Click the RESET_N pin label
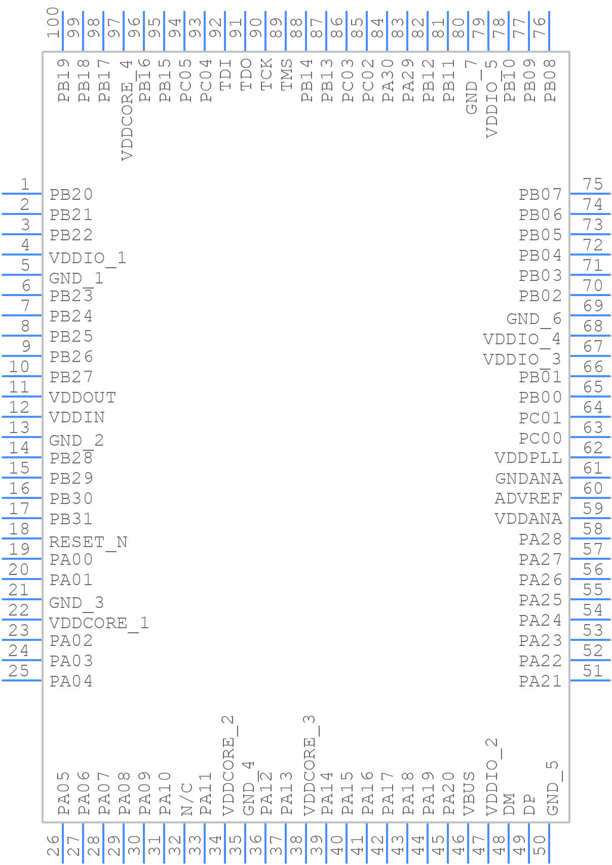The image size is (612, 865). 88,542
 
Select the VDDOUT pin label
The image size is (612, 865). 82,397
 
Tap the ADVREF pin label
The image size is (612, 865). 528,498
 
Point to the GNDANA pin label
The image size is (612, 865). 528,478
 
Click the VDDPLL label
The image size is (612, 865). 528,458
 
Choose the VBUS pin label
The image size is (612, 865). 469,794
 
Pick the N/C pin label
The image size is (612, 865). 186,799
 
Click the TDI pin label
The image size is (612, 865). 225,74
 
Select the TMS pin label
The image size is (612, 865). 286,74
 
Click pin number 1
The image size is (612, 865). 24,184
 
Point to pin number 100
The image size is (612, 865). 53,23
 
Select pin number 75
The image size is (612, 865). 592,184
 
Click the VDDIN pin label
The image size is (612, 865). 76,417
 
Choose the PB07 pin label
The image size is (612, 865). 540,194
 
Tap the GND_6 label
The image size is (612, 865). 533,318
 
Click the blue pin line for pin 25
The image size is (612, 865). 21,680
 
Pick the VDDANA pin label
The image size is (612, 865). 528,519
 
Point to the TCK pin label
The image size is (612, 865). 266,74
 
